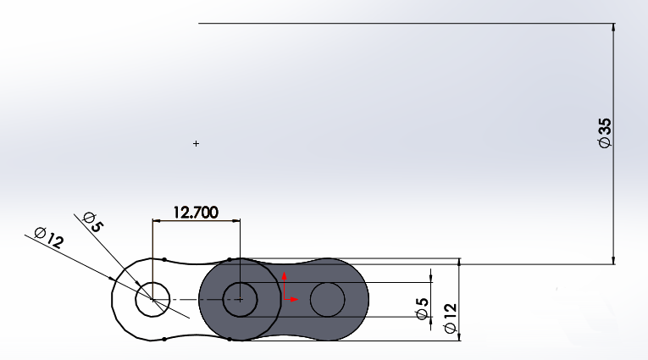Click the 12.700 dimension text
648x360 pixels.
point(196,212)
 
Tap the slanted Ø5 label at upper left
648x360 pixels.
point(92,224)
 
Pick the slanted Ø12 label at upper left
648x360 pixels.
point(48,238)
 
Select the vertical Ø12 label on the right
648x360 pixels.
point(450,320)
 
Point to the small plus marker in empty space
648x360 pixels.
point(197,144)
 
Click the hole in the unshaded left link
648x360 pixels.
point(152,299)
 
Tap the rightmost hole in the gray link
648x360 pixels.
point(327,299)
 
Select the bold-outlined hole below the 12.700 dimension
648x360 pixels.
point(240,299)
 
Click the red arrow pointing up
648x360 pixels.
point(285,276)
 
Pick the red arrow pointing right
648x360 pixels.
point(294,299)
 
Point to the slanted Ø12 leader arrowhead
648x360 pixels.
point(112,279)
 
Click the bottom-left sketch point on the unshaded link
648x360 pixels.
point(163,340)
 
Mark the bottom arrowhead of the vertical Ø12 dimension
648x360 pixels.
point(458,336)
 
